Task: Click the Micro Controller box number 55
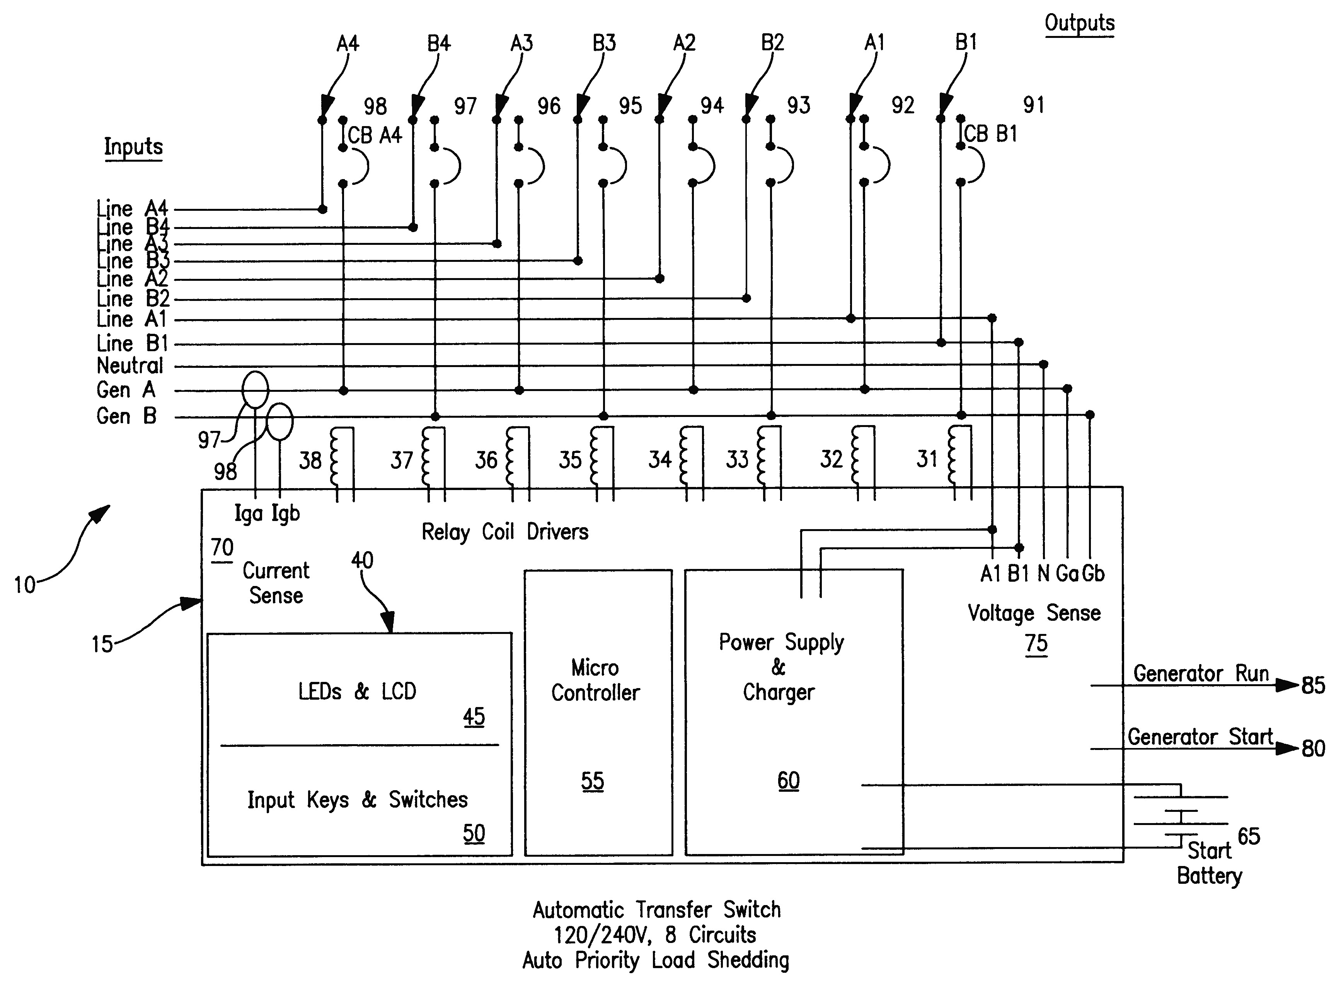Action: coord(592,781)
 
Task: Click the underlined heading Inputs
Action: coord(133,147)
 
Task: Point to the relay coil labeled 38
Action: coord(334,459)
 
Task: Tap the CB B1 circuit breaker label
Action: coord(990,133)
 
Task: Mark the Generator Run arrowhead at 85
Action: coord(1286,685)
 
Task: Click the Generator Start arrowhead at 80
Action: coord(1286,748)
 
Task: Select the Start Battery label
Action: coord(1209,863)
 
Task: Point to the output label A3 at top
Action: coord(521,43)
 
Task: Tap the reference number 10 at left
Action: coord(24,584)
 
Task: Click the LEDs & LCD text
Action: coord(357,692)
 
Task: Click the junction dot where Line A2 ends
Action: coord(659,278)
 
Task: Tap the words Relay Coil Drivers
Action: coord(504,531)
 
